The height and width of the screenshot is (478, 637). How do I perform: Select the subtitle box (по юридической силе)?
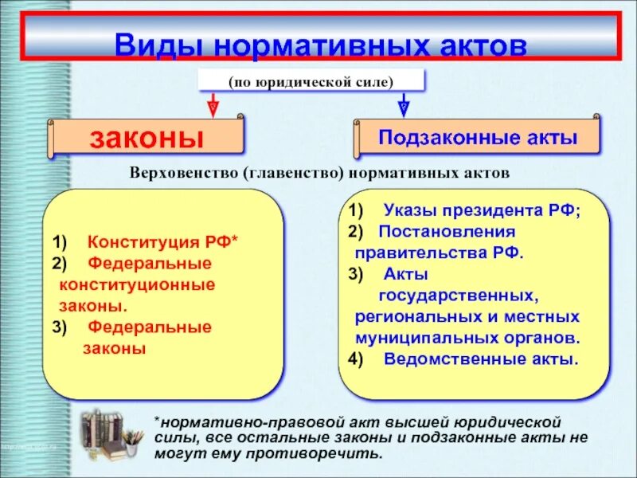(x=311, y=81)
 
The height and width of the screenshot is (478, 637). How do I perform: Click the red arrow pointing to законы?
(x=213, y=104)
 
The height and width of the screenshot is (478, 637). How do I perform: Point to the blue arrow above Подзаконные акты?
(x=404, y=104)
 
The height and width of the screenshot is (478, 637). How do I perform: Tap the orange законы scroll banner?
(x=147, y=138)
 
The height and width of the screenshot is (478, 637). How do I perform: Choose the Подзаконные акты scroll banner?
(x=478, y=137)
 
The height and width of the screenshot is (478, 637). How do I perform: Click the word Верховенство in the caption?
(x=184, y=172)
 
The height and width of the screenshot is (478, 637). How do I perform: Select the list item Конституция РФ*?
(x=163, y=241)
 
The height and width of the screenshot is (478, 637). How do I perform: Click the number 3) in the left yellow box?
(x=61, y=327)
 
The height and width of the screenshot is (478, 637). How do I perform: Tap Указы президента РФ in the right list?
(x=483, y=211)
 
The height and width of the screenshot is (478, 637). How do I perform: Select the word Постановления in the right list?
(x=447, y=232)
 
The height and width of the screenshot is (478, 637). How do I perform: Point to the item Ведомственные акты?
(x=481, y=358)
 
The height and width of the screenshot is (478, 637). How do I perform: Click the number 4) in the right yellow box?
(x=355, y=358)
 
